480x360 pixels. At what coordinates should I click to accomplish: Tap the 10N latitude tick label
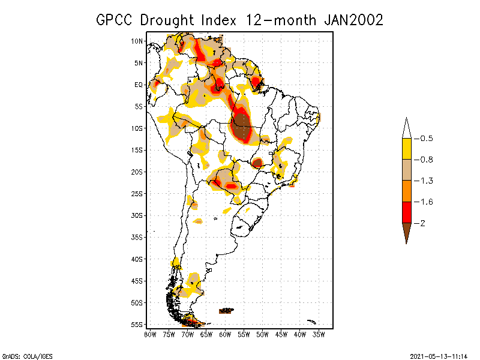(x=137, y=41)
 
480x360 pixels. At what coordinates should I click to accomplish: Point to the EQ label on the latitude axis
(x=138, y=85)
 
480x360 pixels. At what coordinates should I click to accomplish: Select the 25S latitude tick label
(x=137, y=193)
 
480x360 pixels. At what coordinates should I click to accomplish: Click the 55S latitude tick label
(x=137, y=324)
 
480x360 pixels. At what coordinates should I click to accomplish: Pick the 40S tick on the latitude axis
(x=137, y=259)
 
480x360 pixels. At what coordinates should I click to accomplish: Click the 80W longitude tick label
(x=149, y=334)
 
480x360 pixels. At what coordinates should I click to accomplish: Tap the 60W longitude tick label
(x=225, y=334)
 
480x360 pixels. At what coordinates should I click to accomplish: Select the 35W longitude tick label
(x=319, y=334)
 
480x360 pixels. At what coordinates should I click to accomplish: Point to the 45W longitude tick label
(x=281, y=334)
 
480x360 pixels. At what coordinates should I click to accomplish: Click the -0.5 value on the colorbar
(x=426, y=138)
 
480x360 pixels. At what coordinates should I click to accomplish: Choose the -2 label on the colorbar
(x=423, y=223)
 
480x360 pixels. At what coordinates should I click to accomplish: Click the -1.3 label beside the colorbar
(x=426, y=181)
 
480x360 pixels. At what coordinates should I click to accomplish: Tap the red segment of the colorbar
(x=406, y=212)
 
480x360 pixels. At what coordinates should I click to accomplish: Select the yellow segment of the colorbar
(x=406, y=149)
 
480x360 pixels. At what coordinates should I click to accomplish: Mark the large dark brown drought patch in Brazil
(x=242, y=126)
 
